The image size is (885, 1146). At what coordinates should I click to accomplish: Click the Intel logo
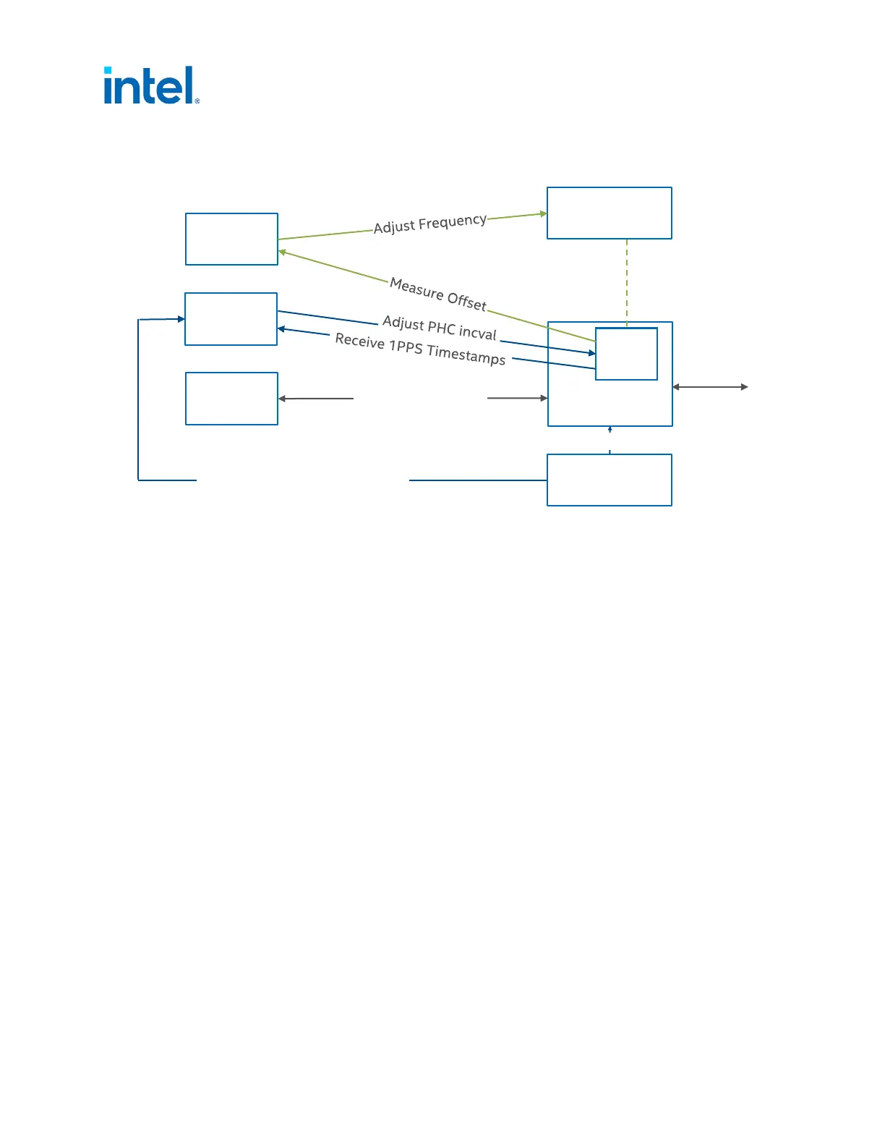tap(150, 86)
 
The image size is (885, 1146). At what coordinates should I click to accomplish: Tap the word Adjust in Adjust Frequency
tap(395, 227)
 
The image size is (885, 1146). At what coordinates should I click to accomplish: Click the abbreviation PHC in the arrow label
tap(441, 328)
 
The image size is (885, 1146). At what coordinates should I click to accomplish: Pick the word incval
tap(477, 334)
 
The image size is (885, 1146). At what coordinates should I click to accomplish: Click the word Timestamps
tap(466, 354)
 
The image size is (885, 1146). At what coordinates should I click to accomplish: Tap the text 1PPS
tap(405, 347)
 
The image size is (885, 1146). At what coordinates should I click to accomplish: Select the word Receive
tap(359, 341)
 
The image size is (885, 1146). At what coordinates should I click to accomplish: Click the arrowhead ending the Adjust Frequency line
tap(543, 214)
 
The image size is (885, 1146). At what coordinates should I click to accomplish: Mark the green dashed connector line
tap(627, 282)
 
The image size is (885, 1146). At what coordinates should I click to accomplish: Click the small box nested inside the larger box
tap(626, 354)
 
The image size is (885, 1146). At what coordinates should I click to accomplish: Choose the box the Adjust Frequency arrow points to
tap(609, 213)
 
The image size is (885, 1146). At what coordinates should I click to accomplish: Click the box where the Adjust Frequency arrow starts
tap(231, 239)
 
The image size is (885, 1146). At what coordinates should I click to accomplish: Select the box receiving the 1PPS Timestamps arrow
tap(231, 319)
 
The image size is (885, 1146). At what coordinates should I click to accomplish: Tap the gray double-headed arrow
tap(710, 387)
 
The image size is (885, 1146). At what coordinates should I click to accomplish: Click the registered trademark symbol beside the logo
tap(197, 101)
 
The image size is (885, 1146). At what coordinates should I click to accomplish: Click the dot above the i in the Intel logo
tap(108, 71)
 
